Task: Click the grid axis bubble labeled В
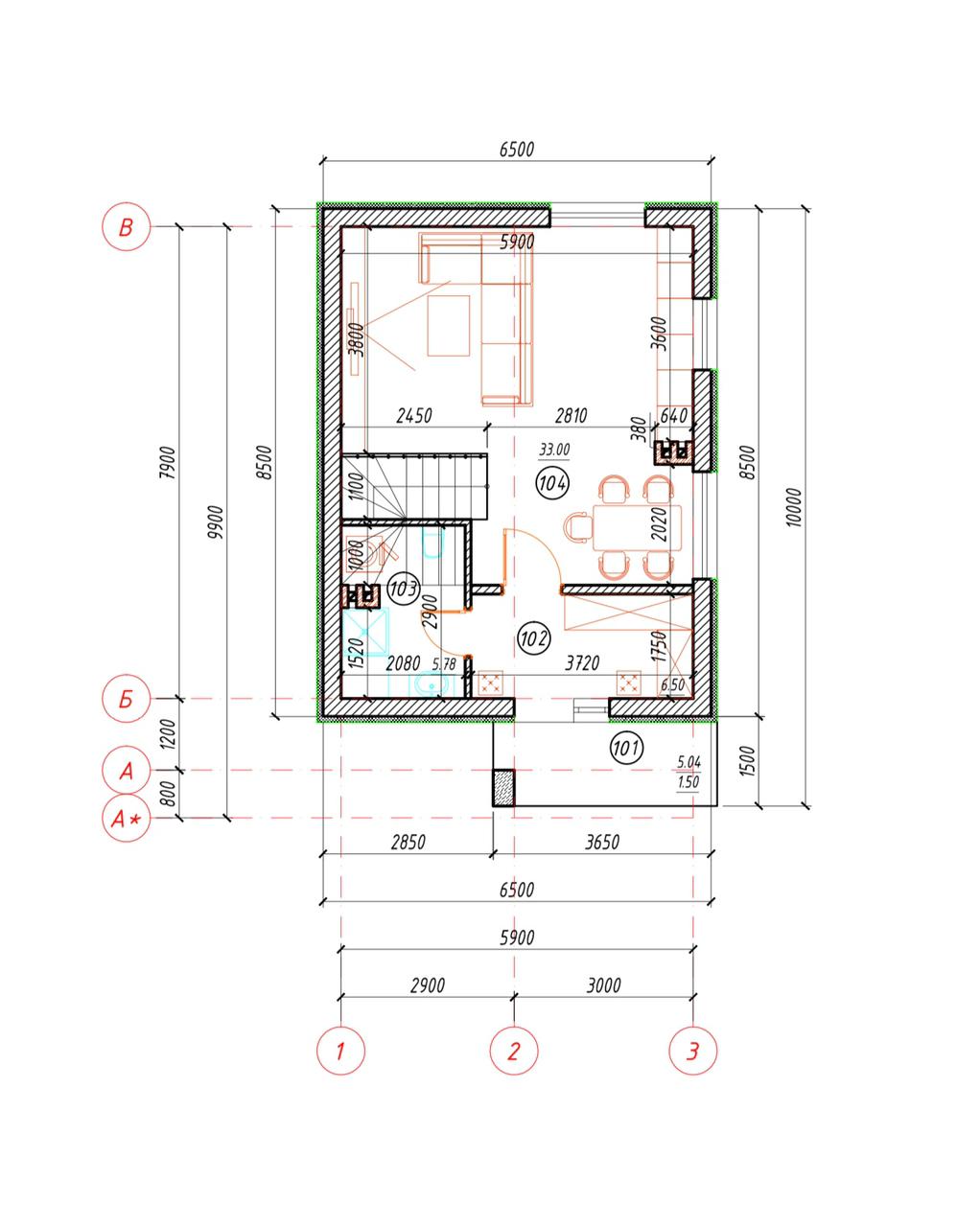(126, 227)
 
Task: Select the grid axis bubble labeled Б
(126, 699)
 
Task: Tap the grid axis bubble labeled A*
(126, 818)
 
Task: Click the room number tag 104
(552, 483)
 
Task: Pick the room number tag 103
(404, 589)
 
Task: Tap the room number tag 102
(533, 638)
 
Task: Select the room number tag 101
(626, 749)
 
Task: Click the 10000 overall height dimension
(793, 507)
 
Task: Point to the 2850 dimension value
(408, 843)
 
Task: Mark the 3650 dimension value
(602, 843)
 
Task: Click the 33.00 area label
(554, 450)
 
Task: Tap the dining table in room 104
(637, 528)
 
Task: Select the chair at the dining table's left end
(577, 527)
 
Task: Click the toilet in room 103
(433, 544)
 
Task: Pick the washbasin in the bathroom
(433, 685)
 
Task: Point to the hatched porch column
(503, 788)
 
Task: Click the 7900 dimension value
(168, 463)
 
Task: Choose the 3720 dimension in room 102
(582, 662)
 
